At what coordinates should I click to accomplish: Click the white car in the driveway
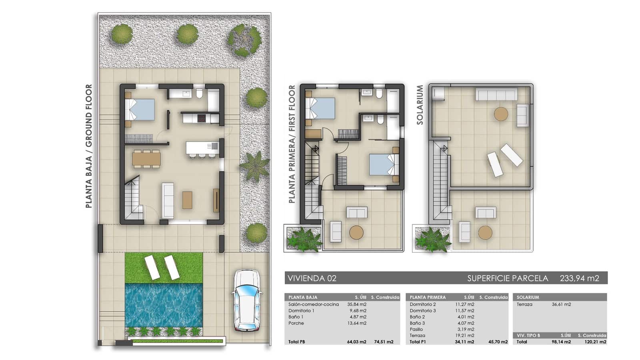tap(246, 300)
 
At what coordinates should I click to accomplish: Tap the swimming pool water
tap(164, 305)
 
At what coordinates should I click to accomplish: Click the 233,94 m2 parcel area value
tap(579, 278)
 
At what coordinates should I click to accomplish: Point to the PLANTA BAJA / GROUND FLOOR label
tap(89, 146)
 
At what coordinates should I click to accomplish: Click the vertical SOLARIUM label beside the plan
tap(420, 105)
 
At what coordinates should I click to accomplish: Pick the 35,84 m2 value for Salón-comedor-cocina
tap(357, 304)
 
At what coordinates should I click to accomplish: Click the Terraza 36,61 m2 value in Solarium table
tap(561, 304)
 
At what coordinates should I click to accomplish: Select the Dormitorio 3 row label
tap(422, 310)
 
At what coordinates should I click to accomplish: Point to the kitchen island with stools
tap(202, 148)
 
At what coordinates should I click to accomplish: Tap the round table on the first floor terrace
tap(356, 232)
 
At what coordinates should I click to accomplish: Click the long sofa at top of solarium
tap(496, 95)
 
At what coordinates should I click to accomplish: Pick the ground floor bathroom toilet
tap(199, 94)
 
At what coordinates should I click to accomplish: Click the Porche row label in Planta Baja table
tap(296, 323)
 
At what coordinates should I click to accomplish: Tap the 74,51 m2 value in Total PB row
tap(383, 342)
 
